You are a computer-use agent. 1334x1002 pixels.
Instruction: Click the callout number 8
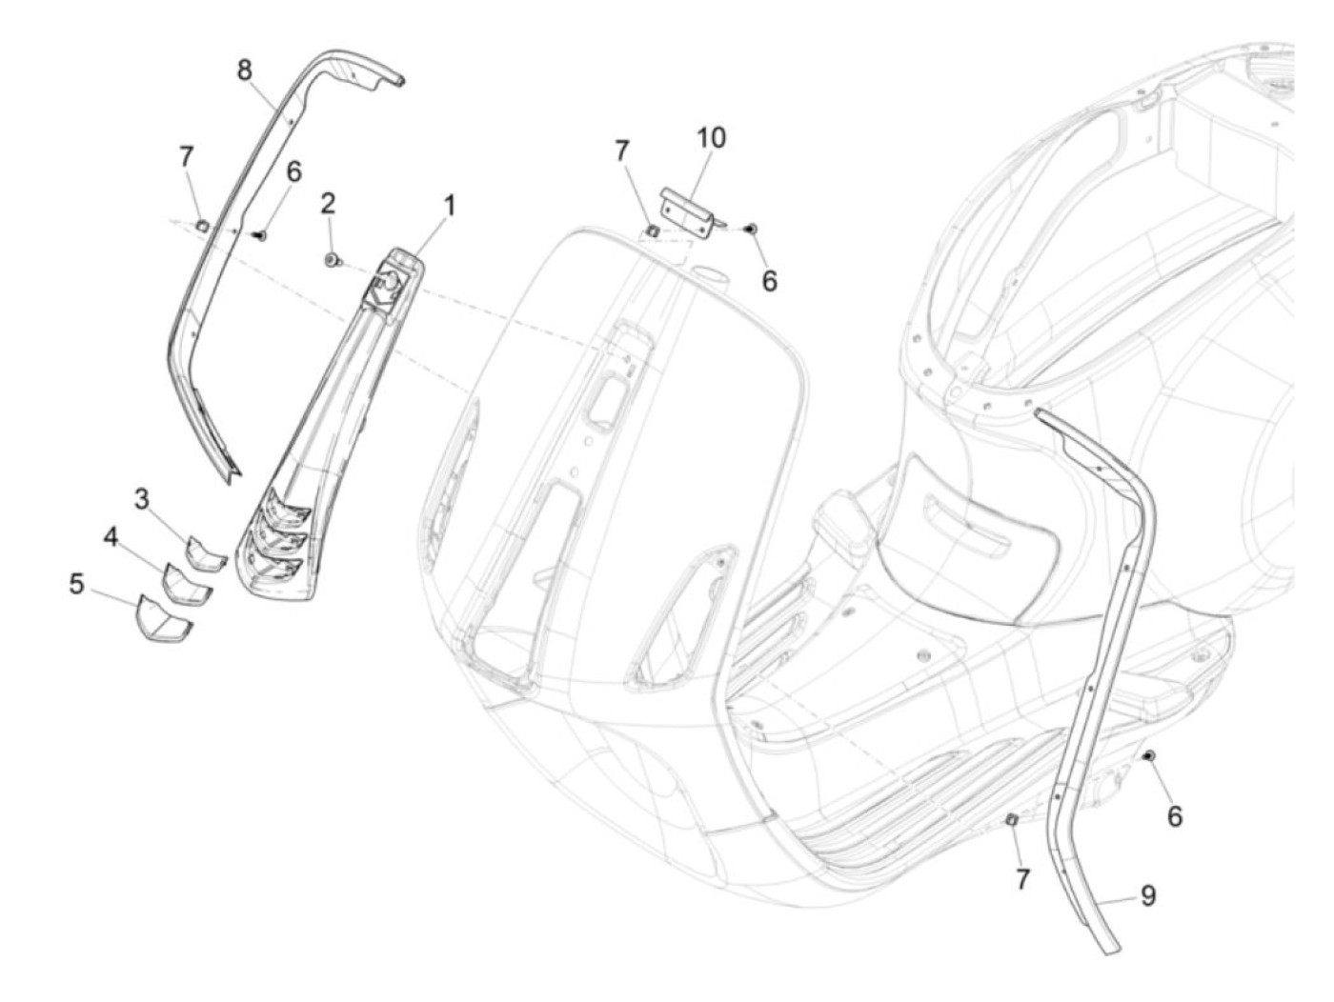(x=245, y=70)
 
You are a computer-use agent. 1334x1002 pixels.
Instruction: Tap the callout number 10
(x=710, y=138)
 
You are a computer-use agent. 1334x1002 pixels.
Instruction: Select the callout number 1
(x=448, y=206)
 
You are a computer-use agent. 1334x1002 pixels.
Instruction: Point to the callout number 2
(x=328, y=203)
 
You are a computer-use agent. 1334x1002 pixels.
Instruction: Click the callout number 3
(x=142, y=498)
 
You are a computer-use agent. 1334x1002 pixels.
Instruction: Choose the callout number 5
(x=77, y=583)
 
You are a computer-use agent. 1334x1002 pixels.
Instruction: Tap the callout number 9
(x=1148, y=895)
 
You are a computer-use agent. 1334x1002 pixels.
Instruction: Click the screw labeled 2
(x=333, y=259)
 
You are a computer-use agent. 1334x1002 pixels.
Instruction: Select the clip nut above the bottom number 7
(x=1013, y=821)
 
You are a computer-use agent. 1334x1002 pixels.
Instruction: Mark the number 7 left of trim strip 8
(x=187, y=155)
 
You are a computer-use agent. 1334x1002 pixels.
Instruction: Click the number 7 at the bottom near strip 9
(x=1022, y=879)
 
